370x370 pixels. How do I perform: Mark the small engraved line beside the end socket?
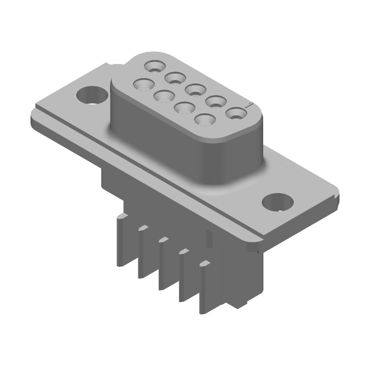tap(248, 106)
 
